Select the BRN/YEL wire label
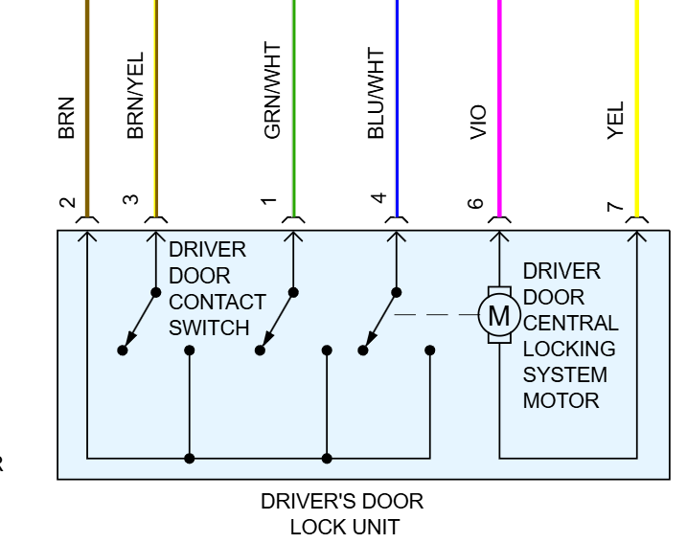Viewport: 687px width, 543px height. pyautogui.click(x=135, y=96)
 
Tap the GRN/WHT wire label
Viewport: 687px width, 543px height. pyautogui.click(x=273, y=96)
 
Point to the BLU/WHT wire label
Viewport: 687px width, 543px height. pyautogui.click(x=377, y=96)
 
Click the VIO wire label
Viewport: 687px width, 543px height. pyautogui.click(x=479, y=123)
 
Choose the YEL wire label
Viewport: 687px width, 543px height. pyautogui.click(x=617, y=122)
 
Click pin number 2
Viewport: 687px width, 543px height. pyautogui.click(x=66, y=202)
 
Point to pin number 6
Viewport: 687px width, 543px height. pyautogui.click(x=479, y=202)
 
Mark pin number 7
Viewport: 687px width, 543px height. pyautogui.click(x=617, y=203)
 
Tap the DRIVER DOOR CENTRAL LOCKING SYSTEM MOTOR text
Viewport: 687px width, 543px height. pyautogui.click(x=570, y=335)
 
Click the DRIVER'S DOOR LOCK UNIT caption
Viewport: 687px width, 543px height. pyautogui.click(x=342, y=513)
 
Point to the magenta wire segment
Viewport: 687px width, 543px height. pyautogui.click(x=499, y=96)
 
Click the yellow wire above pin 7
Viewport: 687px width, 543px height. pyautogui.click(x=637, y=96)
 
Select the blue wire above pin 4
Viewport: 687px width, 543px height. pyautogui.click(x=397, y=96)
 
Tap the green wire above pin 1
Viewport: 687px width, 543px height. pyautogui.click(x=293, y=96)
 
